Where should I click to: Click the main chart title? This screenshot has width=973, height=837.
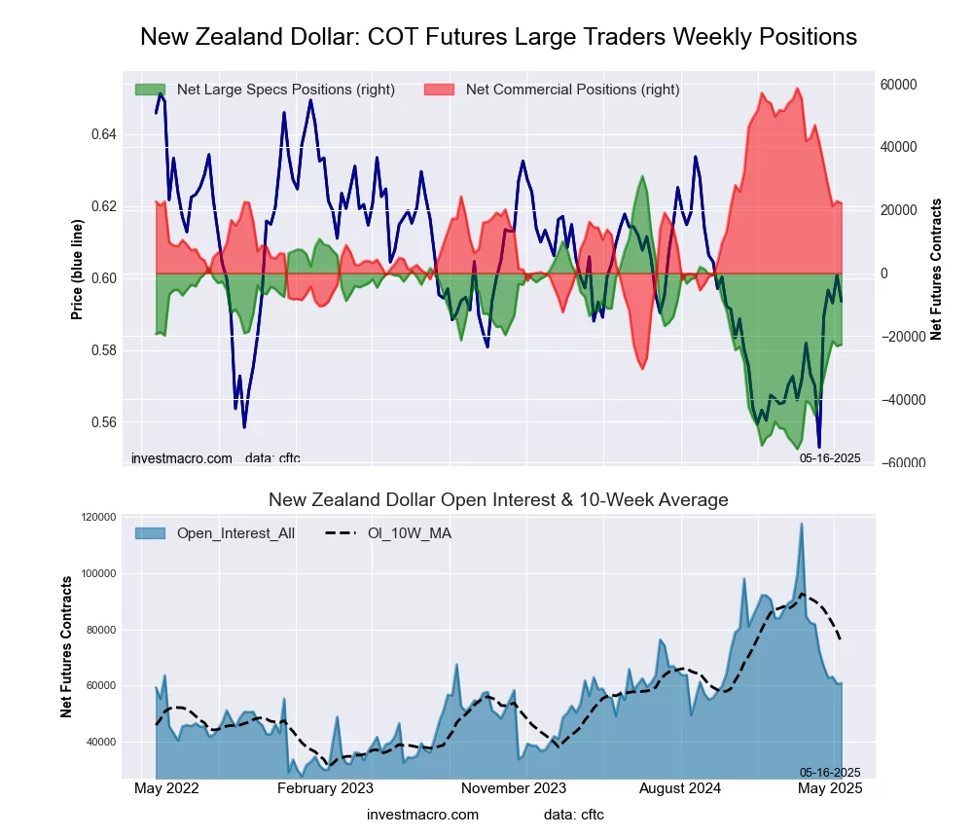(x=498, y=37)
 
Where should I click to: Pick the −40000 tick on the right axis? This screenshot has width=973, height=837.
(x=899, y=400)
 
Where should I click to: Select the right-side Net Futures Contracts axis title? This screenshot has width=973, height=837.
(x=936, y=269)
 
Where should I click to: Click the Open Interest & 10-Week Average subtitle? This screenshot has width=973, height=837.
(x=498, y=500)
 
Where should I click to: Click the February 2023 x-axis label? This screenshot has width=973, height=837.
(x=325, y=788)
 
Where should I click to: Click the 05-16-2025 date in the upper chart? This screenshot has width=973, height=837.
(x=830, y=457)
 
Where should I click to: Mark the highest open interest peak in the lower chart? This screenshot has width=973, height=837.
(x=802, y=525)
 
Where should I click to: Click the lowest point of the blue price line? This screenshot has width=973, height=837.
(x=819, y=447)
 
